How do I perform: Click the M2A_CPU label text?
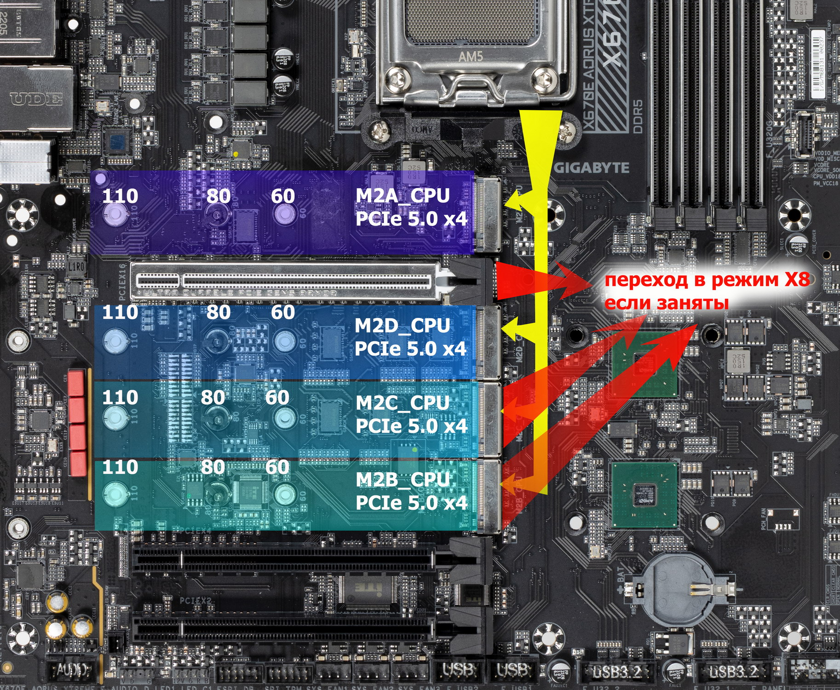coord(403,195)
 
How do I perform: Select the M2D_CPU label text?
coord(402,326)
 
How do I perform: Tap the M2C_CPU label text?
coord(402,403)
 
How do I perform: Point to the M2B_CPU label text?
coord(402,480)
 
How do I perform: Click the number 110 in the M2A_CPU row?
coord(120,196)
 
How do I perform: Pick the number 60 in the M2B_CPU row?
coord(277,467)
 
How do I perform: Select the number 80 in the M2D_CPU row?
coord(218,313)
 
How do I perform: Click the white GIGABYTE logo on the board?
coord(592,168)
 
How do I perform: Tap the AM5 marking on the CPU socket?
coord(471,57)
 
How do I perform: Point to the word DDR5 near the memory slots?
coord(638,117)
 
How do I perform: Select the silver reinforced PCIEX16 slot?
coord(285,281)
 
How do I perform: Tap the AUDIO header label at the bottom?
coord(73,670)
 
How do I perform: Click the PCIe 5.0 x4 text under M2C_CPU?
coord(411,426)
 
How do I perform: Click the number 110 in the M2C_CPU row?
coord(120,397)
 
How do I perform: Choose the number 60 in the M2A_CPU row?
coord(282,196)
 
